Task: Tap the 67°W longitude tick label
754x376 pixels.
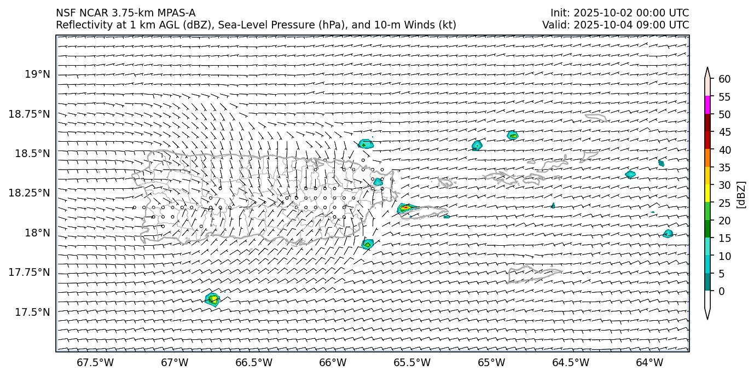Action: (175, 362)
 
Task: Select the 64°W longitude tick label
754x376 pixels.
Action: (649, 362)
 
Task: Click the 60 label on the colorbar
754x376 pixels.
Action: (724, 79)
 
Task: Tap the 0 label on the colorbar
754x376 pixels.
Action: (721, 291)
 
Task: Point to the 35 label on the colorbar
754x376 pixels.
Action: (724, 167)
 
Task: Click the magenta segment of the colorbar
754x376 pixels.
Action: (707, 105)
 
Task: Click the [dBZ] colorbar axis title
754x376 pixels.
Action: (741, 194)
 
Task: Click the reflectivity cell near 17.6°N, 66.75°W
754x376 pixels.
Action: (212, 299)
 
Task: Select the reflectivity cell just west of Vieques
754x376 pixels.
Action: (405, 208)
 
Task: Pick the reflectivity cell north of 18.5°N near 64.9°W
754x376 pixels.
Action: (512, 135)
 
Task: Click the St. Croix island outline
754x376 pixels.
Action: (533, 273)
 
